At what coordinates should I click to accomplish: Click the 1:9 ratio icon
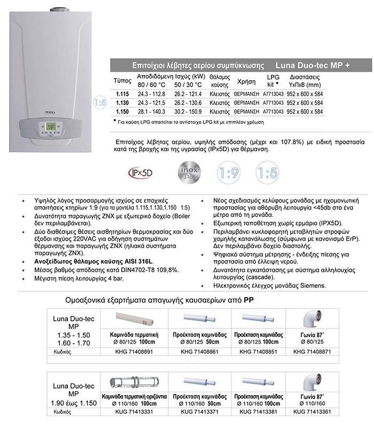pyautogui.click(x=228, y=173)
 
